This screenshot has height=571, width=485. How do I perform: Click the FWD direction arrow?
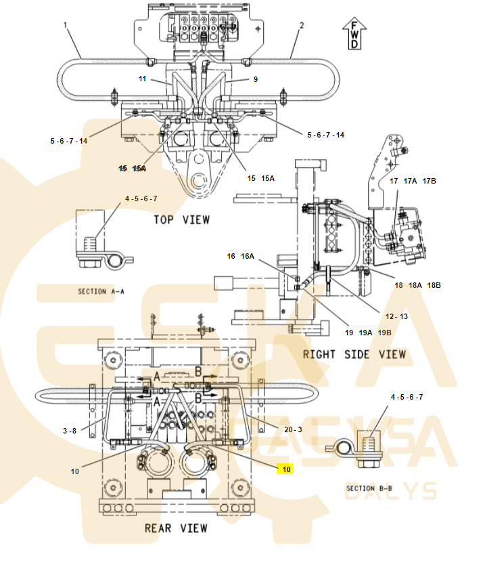[x=354, y=33]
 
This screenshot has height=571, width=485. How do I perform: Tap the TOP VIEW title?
[x=182, y=220]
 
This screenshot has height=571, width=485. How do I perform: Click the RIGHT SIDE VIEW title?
[x=354, y=355]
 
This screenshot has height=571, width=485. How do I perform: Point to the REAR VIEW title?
[x=176, y=528]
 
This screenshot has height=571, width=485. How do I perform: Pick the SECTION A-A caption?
[x=101, y=291]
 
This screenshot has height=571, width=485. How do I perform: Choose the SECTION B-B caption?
[x=369, y=488]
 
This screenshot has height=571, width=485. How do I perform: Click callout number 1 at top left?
[x=66, y=25]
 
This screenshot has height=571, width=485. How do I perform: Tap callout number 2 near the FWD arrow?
[x=302, y=25]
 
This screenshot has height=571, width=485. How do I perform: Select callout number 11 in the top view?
[x=142, y=79]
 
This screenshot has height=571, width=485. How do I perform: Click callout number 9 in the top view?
[x=256, y=79]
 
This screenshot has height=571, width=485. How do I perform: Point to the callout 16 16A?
[x=241, y=256]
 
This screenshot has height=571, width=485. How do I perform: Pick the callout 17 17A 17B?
[x=413, y=181]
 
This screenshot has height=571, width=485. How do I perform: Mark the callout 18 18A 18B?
[x=418, y=286]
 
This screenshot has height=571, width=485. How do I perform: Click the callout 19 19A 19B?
[x=368, y=333]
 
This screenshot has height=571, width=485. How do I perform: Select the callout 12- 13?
[x=396, y=316]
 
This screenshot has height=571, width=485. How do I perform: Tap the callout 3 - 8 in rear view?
[x=70, y=431]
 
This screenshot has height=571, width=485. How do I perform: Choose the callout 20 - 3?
[x=293, y=429]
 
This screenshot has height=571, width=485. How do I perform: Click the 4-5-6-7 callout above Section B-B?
[x=407, y=398]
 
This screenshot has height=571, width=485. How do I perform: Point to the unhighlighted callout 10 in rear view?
[x=75, y=472]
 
